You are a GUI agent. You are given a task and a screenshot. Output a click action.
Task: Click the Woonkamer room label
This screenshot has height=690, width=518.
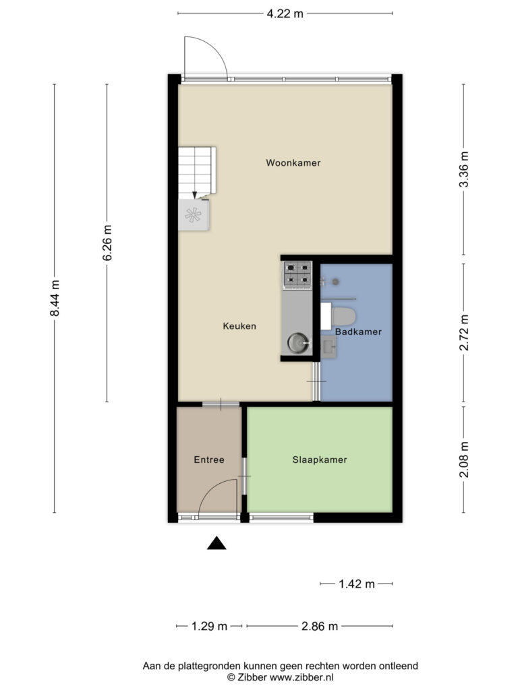[293, 163]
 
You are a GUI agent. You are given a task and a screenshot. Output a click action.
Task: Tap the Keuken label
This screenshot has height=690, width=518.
[239, 326]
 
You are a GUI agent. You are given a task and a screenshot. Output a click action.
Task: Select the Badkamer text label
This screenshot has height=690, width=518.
[358, 332]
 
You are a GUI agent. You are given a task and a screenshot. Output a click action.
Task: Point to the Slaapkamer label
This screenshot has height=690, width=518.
[320, 460]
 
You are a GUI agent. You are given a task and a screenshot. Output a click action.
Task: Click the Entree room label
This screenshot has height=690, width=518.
[209, 460]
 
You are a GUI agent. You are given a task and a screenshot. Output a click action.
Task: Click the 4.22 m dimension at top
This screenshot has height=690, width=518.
[285, 13]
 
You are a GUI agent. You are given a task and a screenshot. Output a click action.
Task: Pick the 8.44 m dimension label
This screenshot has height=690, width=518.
[55, 298]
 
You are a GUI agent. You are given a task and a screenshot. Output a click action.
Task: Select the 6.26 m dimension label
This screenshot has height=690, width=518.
[107, 243]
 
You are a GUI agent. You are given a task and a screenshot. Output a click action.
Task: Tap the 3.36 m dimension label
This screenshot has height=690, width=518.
[464, 169]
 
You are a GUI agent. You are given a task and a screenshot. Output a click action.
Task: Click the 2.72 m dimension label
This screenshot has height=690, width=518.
[464, 333]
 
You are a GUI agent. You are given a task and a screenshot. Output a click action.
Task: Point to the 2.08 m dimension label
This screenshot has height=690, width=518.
[464, 460]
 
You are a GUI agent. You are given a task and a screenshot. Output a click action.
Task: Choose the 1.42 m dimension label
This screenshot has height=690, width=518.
[356, 584]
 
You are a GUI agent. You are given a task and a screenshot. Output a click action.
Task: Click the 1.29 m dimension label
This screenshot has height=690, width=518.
[209, 626]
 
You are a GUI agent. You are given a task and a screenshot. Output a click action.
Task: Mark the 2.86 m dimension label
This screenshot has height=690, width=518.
[319, 626]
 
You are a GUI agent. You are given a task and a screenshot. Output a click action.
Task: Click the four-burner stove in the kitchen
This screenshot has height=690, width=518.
[297, 275]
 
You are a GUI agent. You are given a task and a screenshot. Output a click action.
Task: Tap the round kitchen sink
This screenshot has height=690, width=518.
[299, 343]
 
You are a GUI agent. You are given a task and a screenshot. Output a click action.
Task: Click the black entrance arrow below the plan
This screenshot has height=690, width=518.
[217, 544]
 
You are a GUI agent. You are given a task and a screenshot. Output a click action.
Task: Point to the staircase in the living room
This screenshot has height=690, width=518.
[197, 170]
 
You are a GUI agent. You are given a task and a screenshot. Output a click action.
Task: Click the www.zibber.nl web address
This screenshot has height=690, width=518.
[301, 677]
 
